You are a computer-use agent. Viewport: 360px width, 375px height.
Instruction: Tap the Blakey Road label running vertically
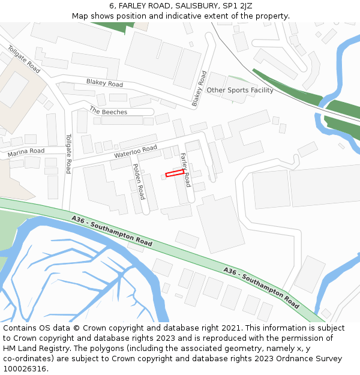tap(199, 89)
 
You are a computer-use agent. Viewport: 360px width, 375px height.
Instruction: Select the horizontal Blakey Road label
tap(104, 83)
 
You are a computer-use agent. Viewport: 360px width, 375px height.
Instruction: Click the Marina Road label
tap(26, 153)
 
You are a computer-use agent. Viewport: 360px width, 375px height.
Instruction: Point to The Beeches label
tap(108, 112)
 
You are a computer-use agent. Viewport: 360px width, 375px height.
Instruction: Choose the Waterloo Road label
tap(135, 152)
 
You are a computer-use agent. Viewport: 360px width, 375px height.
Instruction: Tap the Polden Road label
tap(138, 182)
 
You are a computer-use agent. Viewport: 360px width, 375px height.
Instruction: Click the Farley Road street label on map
tap(186, 169)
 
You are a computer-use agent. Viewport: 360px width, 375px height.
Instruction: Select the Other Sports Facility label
tap(240, 91)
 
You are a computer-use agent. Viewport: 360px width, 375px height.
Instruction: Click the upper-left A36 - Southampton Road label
tap(112, 232)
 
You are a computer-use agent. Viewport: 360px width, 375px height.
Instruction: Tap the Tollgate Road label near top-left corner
tap(24, 59)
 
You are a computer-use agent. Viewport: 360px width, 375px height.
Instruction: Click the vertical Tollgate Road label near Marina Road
tap(68, 154)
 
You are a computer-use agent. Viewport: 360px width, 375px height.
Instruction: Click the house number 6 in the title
tap(112, 6)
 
